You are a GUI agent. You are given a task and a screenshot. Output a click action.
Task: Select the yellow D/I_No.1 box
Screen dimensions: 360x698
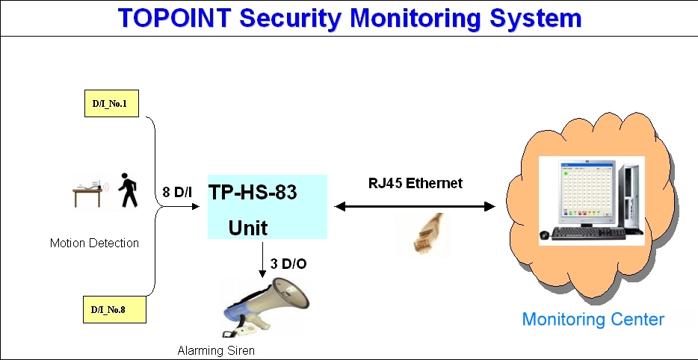tap(111, 104)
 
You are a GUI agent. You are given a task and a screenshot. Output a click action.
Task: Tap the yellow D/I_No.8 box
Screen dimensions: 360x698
tap(111, 308)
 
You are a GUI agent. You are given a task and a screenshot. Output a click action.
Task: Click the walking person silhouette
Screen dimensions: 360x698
tap(129, 191)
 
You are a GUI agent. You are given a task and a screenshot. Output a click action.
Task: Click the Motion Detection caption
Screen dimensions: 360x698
tap(94, 243)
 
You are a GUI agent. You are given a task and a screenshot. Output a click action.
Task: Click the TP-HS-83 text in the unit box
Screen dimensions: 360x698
tap(253, 193)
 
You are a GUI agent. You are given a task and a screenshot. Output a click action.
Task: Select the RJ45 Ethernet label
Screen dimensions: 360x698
tap(415, 183)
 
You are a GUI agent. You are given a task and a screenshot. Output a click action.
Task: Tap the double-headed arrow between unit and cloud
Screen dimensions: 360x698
tap(415, 206)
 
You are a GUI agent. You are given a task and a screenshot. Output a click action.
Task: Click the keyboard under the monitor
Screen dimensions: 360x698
tap(587, 234)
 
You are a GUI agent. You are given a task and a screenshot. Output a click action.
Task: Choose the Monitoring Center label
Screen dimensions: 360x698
tap(593, 320)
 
